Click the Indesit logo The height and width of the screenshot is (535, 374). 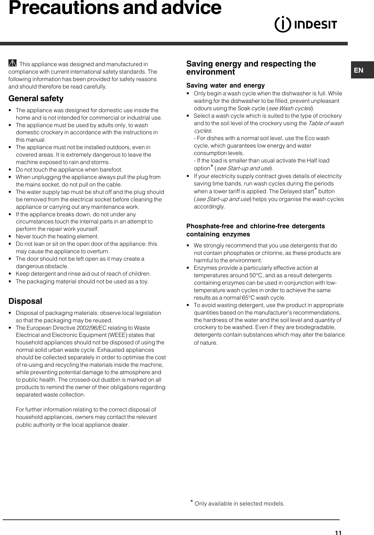[306, 25]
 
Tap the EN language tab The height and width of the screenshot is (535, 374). [359, 70]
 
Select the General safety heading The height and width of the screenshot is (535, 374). [36, 99]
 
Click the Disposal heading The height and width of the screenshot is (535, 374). [25, 301]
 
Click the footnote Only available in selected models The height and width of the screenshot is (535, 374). [240, 504]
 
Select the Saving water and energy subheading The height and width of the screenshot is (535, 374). [225, 86]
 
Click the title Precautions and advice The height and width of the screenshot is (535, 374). [115, 8]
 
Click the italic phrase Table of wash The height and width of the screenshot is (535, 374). [325, 123]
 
